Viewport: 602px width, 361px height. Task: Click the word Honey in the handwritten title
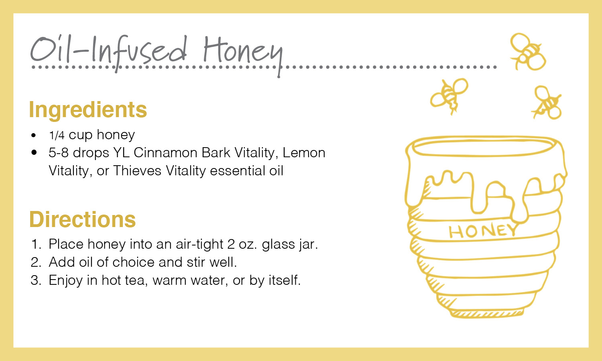coord(243,55)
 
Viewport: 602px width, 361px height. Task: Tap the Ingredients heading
coord(88,110)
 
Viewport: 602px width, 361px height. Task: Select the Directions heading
coord(83,219)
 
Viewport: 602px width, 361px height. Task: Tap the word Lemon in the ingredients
coord(304,152)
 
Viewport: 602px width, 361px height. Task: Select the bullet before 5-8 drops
coord(34,152)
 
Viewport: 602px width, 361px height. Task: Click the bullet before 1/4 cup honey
coord(33,135)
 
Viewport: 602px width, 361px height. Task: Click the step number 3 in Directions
coord(36,280)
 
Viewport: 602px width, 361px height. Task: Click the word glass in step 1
coord(279,245)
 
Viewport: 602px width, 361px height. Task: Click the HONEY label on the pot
coord(482,231)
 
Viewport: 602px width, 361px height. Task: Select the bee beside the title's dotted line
coord(528,51)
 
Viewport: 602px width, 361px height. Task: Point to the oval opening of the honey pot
coord(483,146)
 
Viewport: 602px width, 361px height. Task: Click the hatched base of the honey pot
coord(487,313)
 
